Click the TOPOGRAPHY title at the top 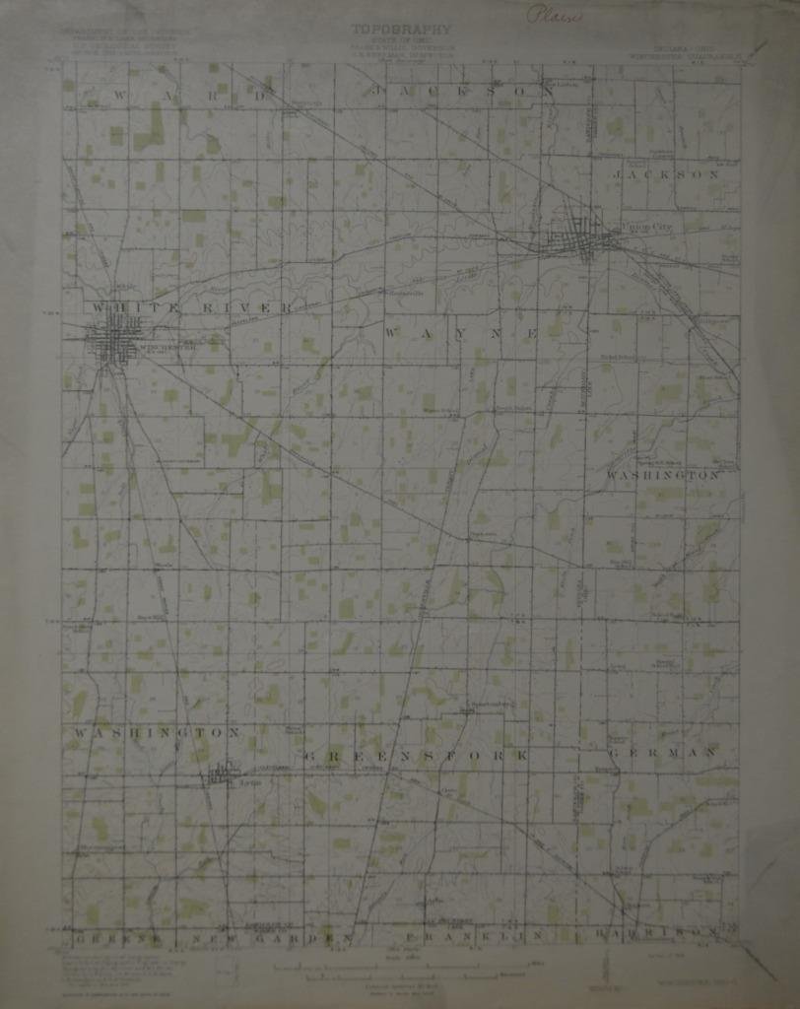401,30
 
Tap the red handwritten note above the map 554,15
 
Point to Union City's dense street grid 582,237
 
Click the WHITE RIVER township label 192,308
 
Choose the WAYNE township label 461,334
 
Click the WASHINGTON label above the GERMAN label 662,475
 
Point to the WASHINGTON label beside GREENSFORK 156,733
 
